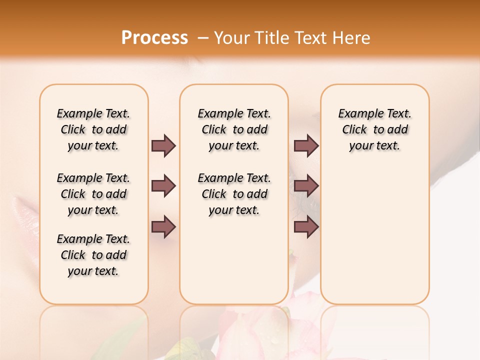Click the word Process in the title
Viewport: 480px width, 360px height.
click(154, 38)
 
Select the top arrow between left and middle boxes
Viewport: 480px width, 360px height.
click(163, 146)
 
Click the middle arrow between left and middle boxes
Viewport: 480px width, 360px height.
click(163, 186)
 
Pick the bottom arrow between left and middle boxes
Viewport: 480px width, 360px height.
click(163, 227)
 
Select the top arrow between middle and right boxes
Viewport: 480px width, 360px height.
click(306, 146)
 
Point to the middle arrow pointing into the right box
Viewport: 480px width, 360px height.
click(306, 186)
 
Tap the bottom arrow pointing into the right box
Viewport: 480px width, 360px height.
click(306, 227)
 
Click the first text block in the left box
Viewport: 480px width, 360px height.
click(93, 129)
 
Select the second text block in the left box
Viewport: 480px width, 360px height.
click(93, 194)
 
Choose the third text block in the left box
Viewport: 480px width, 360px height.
click(93, 255)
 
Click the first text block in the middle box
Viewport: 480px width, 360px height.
click(234, 129)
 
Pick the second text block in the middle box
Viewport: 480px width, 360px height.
click(234, 194)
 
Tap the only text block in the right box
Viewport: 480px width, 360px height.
click(375, 129)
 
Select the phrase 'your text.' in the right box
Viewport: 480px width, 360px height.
click(374, 146)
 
